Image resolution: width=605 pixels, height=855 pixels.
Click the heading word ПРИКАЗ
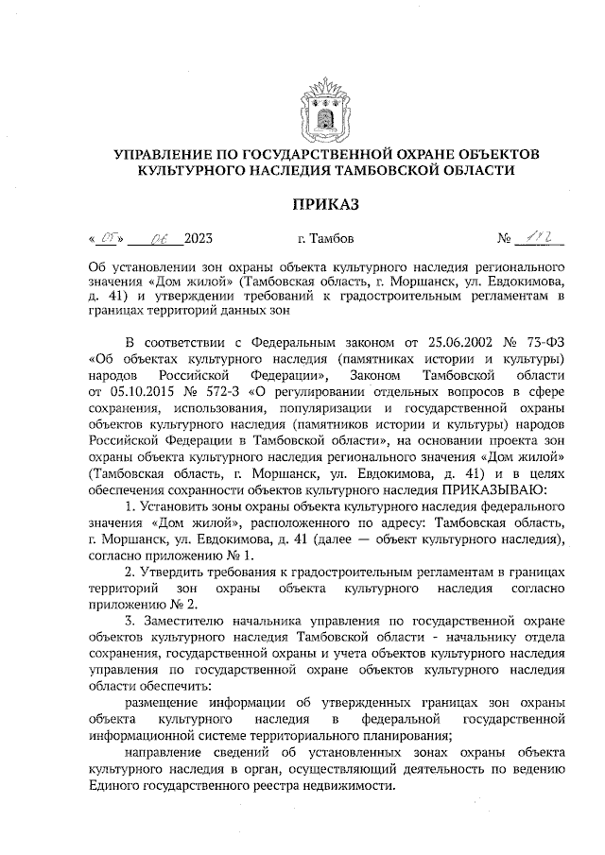tap(326, 204)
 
